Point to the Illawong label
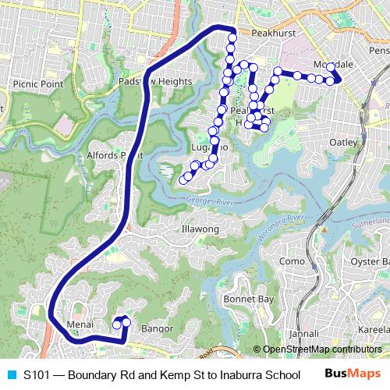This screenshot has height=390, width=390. (200, 230)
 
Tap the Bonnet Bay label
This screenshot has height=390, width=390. (248, 299)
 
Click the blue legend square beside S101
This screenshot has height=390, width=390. (9, 374)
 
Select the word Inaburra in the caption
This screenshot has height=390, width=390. (240, 374)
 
